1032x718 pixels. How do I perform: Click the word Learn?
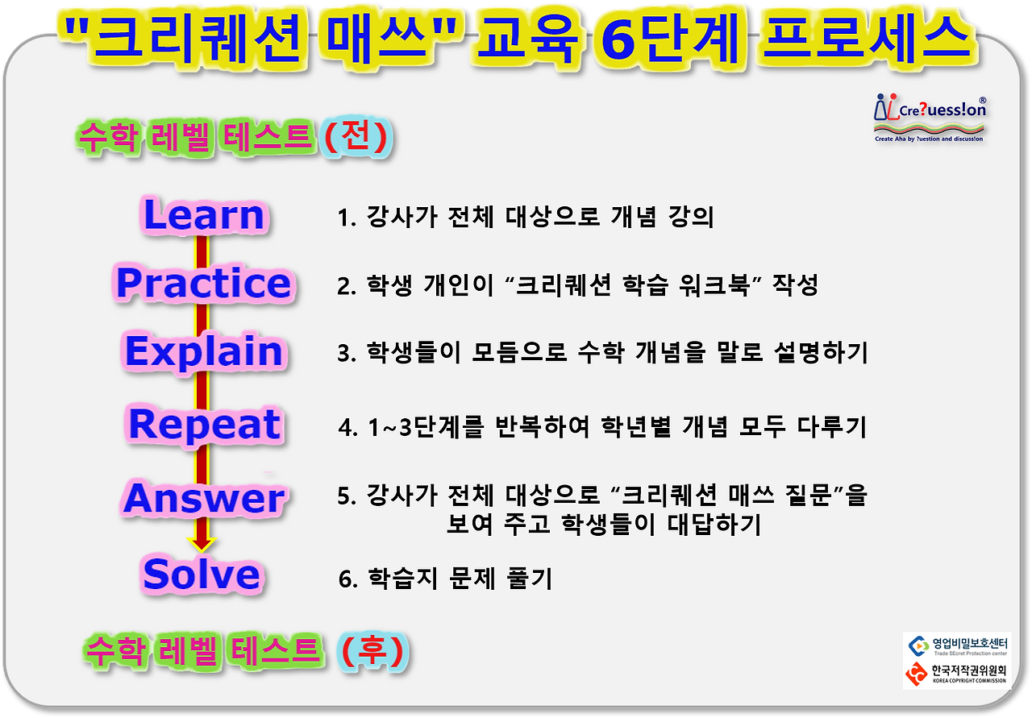point(203,214)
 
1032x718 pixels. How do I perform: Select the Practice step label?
point(203,283)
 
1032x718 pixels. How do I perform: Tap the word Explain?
point(203,352)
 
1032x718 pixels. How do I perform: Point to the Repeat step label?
point(203,424)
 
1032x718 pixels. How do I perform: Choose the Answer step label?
point(203,498)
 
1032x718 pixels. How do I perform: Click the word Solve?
point(202,574)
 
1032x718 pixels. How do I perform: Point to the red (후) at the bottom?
point(370,651)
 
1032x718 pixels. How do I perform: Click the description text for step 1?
point(525,218)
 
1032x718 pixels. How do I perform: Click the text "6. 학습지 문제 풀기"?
point(445,579)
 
